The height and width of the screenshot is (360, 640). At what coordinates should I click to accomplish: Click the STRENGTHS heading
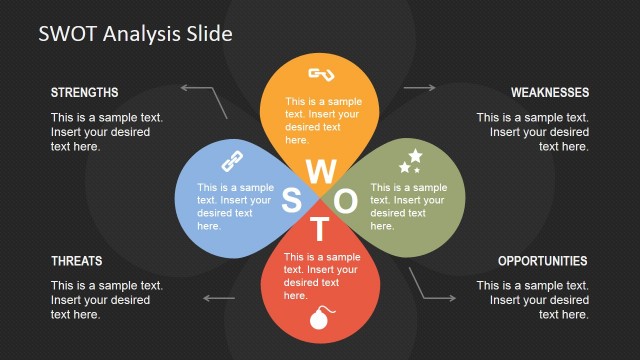click(84, 93)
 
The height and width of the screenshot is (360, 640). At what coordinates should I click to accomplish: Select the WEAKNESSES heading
click(549, 93)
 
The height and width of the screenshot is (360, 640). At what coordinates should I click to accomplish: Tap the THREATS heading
click(76, 261)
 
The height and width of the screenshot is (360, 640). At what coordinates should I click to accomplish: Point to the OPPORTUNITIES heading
click(542, 261)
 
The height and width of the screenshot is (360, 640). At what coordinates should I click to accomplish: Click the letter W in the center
click(320, 170)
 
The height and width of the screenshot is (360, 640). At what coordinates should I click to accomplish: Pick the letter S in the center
click(292, 201)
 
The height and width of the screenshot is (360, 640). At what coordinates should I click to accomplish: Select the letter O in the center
click(346, 201)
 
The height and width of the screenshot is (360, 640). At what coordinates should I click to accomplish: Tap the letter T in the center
click(320, 230)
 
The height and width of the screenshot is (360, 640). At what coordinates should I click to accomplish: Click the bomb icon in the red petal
click(319, 321)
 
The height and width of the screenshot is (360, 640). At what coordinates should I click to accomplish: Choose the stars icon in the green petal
click(410, 160)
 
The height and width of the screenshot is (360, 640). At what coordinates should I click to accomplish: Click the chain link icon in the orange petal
click(320, 74)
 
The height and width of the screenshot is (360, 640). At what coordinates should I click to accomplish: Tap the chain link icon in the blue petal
click(232, 160)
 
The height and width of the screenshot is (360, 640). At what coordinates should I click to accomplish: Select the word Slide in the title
click(208, 34)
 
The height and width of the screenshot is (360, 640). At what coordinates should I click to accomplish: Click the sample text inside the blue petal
click(235, 206)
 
